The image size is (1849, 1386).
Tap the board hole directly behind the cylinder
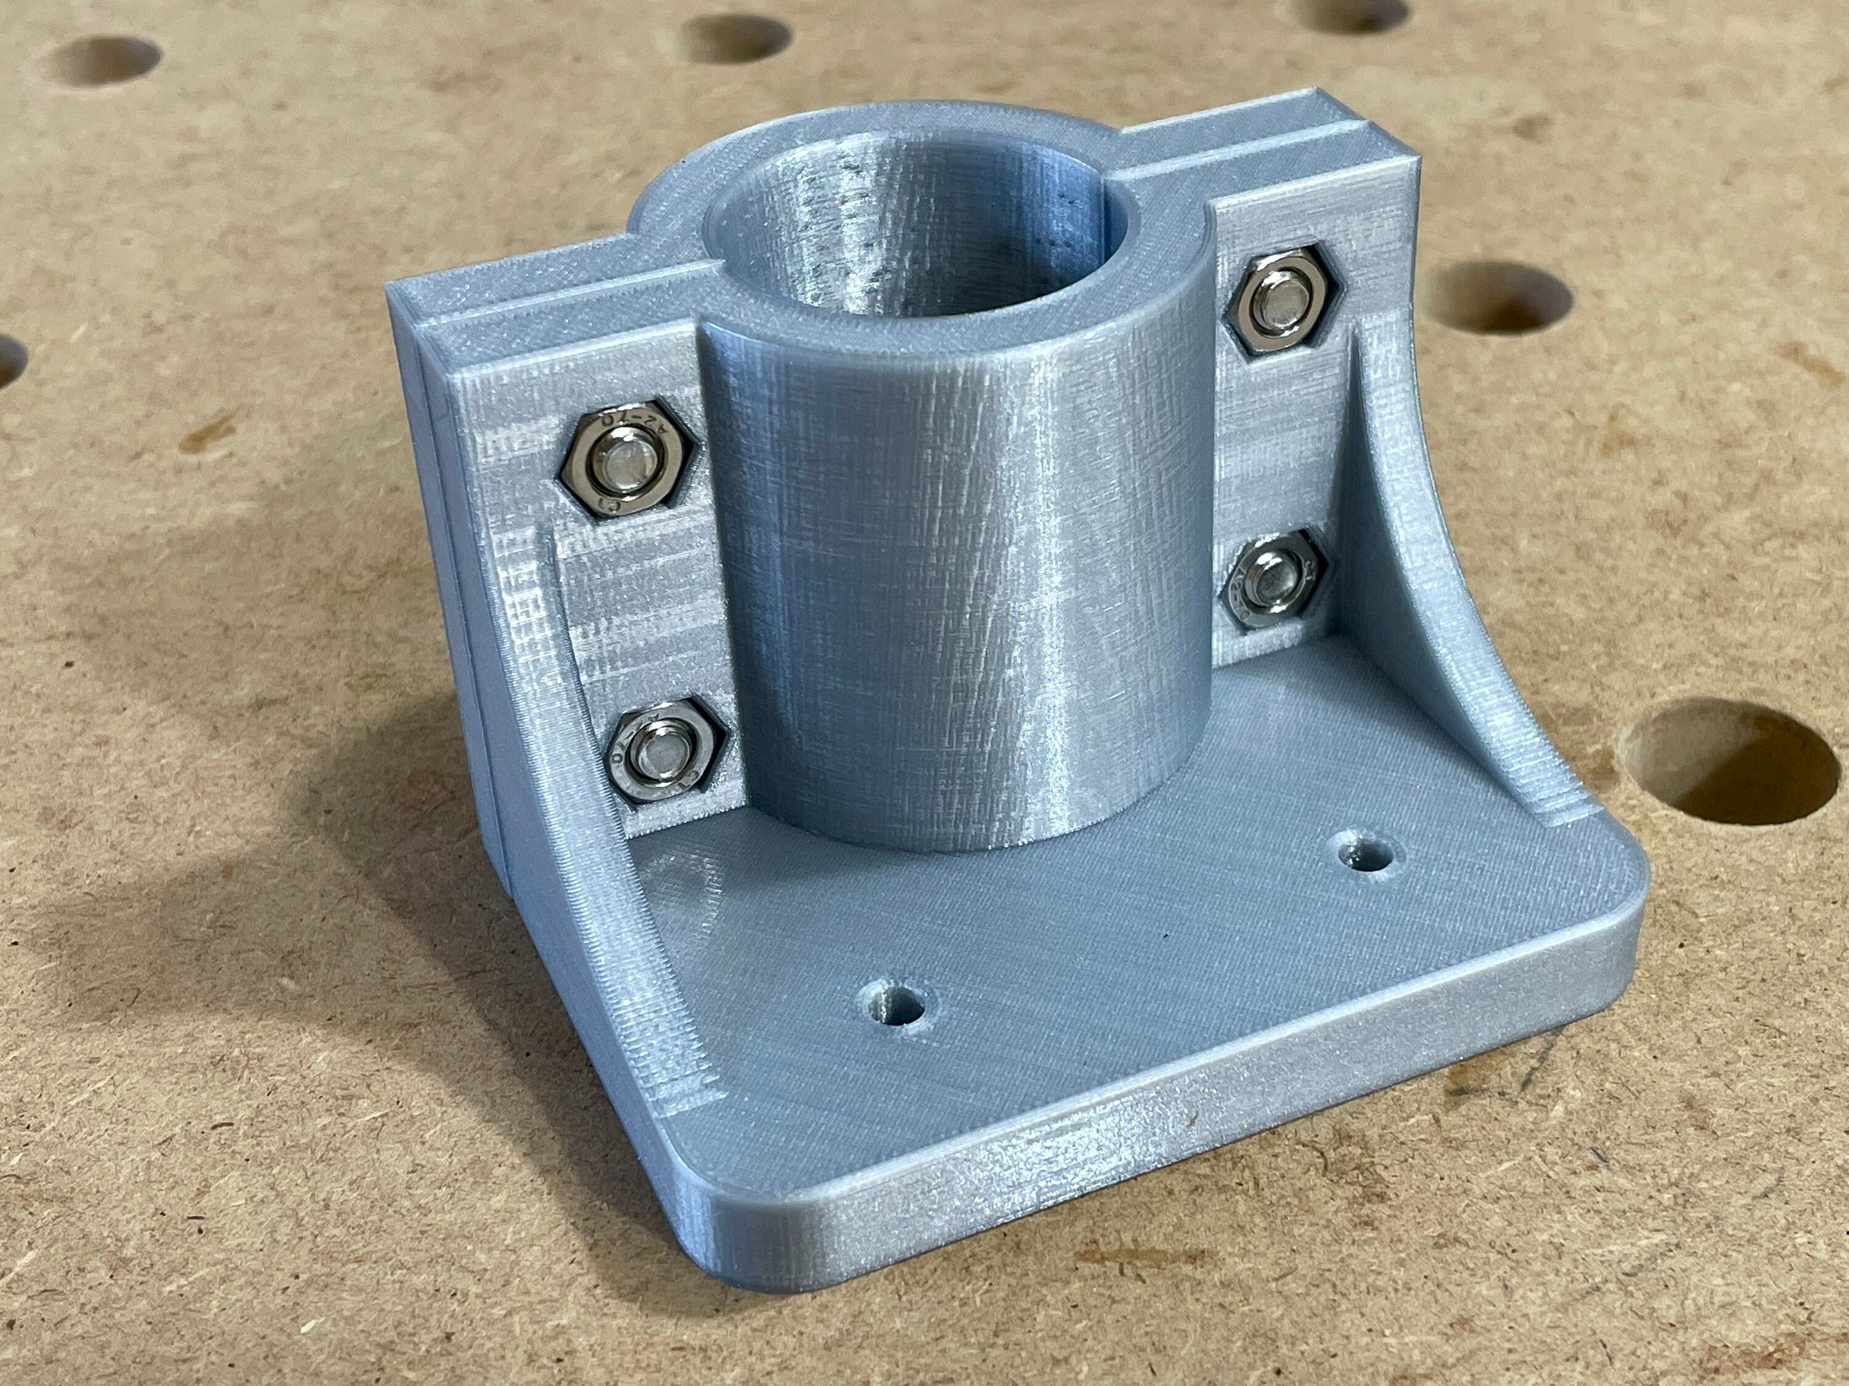click(x=734, y=38)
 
